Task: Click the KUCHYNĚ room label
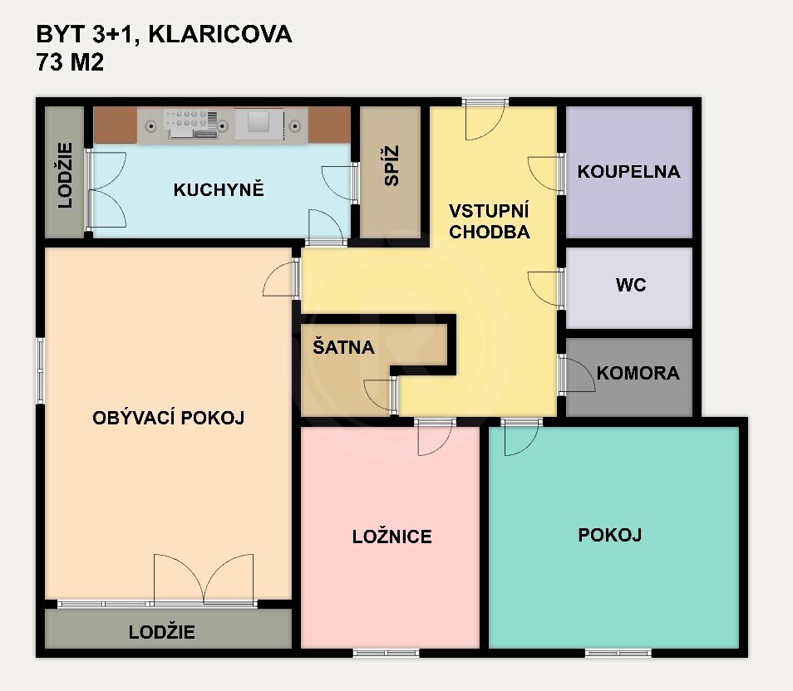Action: pos(218,189)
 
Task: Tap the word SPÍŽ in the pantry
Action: pos(392,165)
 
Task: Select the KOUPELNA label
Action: pos(628,172)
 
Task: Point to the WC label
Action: pos(630,285)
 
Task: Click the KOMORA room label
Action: pos(638,373)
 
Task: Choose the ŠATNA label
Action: pos(343,347)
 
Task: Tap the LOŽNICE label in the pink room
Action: pos(392,537)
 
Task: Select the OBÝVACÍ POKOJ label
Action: pos(168,418)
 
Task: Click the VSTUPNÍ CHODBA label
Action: pos(489,221)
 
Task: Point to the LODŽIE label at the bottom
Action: pos(162,632)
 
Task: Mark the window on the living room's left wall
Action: pos(40,370)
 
